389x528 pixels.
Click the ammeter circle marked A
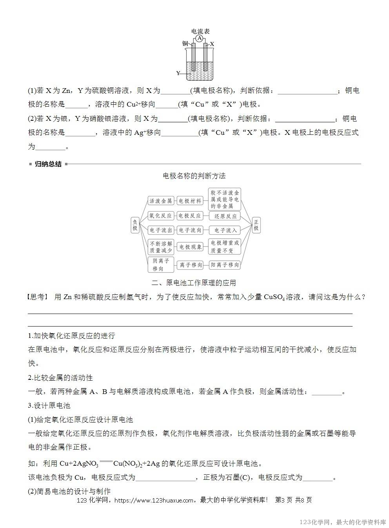[200, 38]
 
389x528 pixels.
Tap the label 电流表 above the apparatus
[200, 31]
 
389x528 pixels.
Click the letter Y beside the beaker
[178, 73]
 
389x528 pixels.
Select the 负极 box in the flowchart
[135, 225]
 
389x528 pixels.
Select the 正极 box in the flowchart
[256, 225]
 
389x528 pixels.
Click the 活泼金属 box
[161, 201]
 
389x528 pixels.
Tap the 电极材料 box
[190, 201]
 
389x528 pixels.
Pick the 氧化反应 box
[161, 216]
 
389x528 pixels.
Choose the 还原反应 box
[225, 216]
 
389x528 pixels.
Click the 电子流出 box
[161, 230]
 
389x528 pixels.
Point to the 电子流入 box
[225, 230]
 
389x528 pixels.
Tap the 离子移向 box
[191, 265]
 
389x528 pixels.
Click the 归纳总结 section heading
[48, 164]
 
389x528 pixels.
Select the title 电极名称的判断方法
[194, 176]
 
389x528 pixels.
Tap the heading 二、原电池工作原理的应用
[194, 283]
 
